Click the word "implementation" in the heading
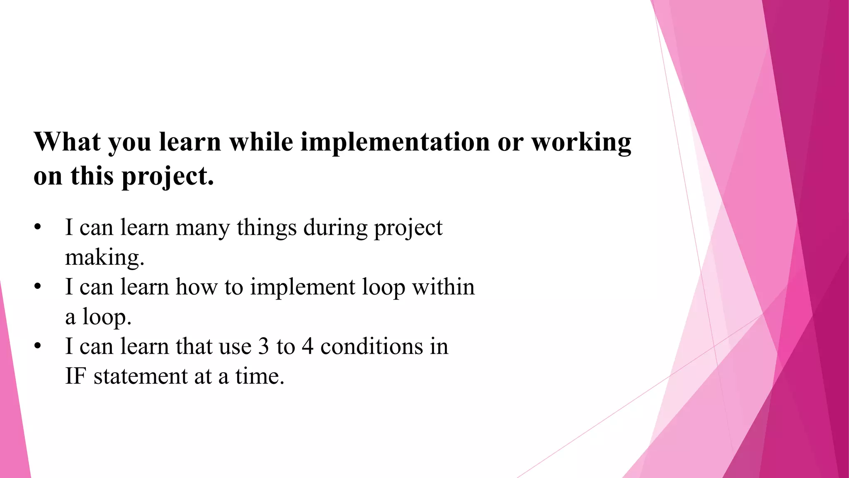point(395,142)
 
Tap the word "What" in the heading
point(68,142)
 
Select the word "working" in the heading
point(581,142)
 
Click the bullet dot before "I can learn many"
point(38,228)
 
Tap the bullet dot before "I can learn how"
point(38,287)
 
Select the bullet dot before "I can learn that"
point(38,346)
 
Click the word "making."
point(105,258)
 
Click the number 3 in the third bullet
point(264,346)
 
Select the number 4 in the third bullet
point(307,346)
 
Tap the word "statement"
point(140,376)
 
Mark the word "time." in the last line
point(260,376)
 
